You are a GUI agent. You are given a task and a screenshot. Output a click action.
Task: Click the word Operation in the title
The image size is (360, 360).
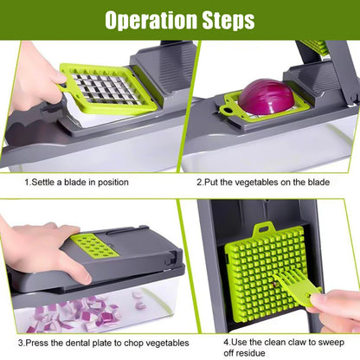tap(149, 20)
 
